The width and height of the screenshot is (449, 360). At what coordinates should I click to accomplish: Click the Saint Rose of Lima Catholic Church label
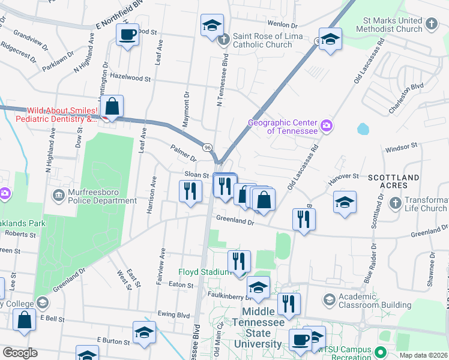(x=262, y=40)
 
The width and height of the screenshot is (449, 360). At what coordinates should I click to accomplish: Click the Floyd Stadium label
(x=205, y=272)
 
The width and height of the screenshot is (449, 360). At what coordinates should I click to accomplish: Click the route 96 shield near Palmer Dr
(x=207, y=148)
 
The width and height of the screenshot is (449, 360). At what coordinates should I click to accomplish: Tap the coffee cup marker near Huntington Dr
(x=127, y=35)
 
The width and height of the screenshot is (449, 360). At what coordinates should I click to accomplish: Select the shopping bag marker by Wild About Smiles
(x=112, y=107)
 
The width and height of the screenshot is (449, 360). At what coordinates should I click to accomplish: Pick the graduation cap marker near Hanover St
(x=345, y=202)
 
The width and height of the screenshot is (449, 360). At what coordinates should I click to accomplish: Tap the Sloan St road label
(x=196, y=174)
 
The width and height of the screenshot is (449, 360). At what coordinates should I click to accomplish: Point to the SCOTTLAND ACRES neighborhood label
(x=393, y=182)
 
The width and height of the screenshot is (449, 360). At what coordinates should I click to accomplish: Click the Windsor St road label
(x=401, y=146)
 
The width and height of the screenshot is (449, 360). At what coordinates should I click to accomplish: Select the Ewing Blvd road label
(x=175, y=314)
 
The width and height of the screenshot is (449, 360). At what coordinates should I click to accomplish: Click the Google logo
(x=20, y=353)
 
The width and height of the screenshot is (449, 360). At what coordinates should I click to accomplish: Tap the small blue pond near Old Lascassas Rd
(x=363, y=129)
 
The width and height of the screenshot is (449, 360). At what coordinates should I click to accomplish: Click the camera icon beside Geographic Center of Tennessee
(x=327, y=125)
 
